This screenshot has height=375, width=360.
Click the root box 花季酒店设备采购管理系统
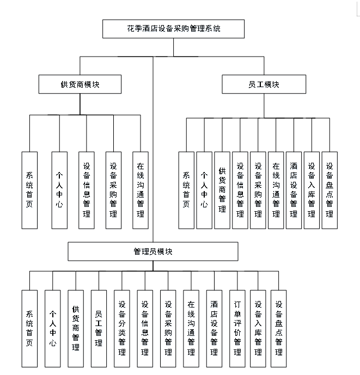(x=173, y=29)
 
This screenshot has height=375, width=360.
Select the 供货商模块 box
(x=80, y=85)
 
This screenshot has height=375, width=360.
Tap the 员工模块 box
(x=264, y=85)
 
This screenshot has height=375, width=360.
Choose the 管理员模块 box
(x=153, y=251)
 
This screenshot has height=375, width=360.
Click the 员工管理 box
(x=99, y=328)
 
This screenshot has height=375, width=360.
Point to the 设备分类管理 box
(x=122, y=328)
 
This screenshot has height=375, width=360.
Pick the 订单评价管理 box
(x=237, y=328)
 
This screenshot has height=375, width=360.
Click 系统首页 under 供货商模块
(x=29, y=190)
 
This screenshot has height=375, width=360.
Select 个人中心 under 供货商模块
(x=59, y=190)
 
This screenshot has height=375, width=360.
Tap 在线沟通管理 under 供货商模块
(x=141, y=190)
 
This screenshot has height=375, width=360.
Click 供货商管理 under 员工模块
(x=222, y=190)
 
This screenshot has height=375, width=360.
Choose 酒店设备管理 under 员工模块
(x=294, y=190)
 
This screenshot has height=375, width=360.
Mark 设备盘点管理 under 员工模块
(x=330, y=190)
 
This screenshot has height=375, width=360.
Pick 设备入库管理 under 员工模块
(x=312, y=190)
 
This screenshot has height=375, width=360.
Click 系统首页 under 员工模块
(x=186, y=190)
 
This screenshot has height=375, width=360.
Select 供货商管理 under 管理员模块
(x=76, y=328)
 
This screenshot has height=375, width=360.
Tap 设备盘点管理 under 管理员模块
(x=278, y=328)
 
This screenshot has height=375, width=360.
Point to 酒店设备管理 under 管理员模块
(x=214, y=328)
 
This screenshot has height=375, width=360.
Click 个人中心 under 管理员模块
(x=52, y=328)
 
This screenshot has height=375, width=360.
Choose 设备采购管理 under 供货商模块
(x=113, y=190)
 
